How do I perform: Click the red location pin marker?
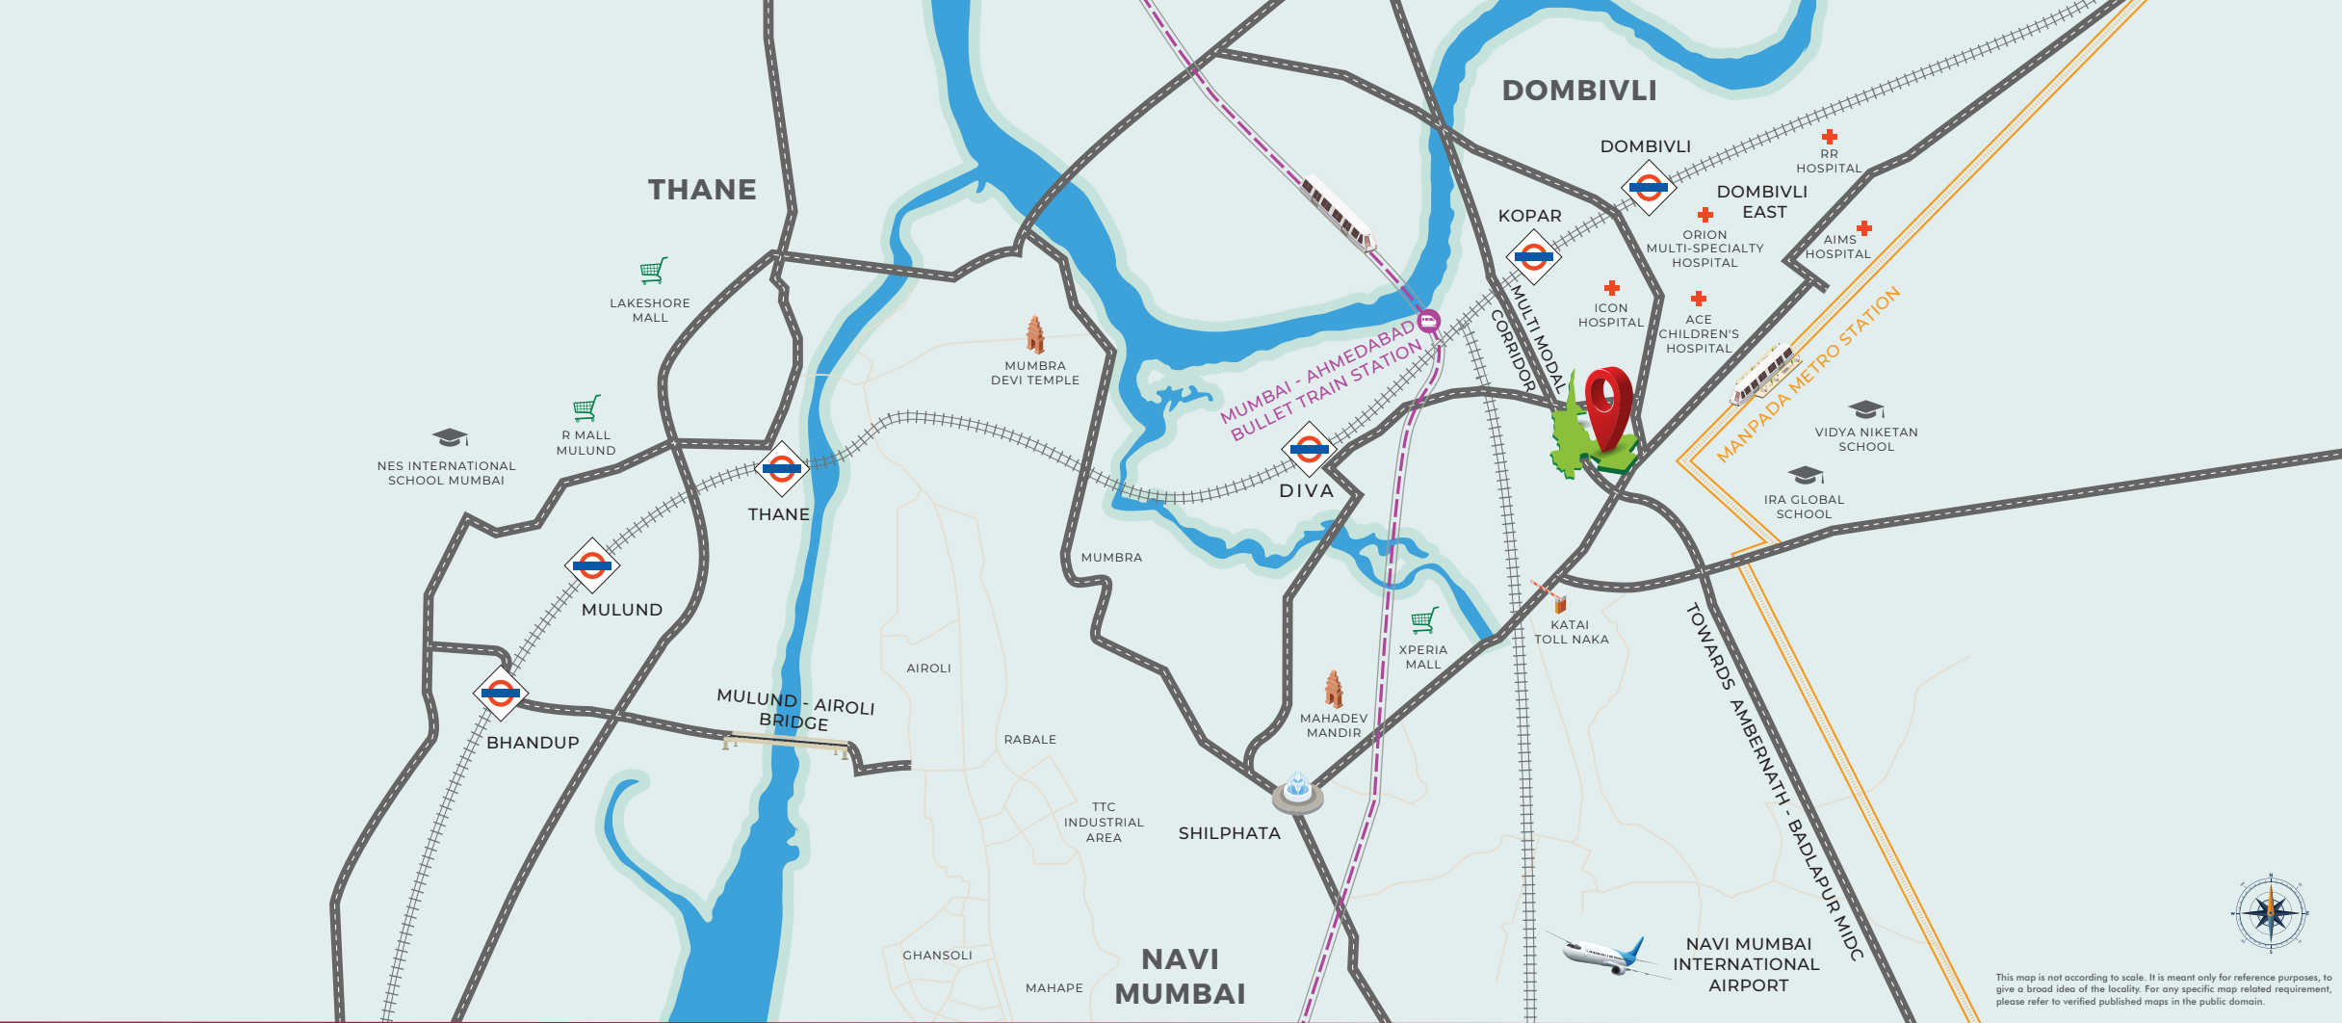coord(1608,405)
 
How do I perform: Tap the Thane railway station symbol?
coord(781,469)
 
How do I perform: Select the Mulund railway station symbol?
coord(591,565)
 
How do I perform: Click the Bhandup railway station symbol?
coord(501,693)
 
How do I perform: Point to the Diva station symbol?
coord(1309,449)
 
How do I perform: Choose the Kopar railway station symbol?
coord(1533,257)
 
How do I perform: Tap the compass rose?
coord(2271,913)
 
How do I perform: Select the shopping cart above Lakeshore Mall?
coord(653,272)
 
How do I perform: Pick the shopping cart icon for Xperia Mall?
coord(1424,620)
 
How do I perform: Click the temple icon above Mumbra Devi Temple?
coord(1035,335)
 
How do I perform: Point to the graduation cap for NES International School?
coord(450,438)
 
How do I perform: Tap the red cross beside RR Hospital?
coord(1830,137)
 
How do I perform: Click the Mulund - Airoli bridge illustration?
coord(787,744)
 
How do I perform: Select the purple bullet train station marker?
coord(1429,321)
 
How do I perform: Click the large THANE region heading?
coord(702,190)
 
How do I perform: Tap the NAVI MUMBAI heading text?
coord(1180,977)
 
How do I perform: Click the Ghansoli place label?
coord(937,956)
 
